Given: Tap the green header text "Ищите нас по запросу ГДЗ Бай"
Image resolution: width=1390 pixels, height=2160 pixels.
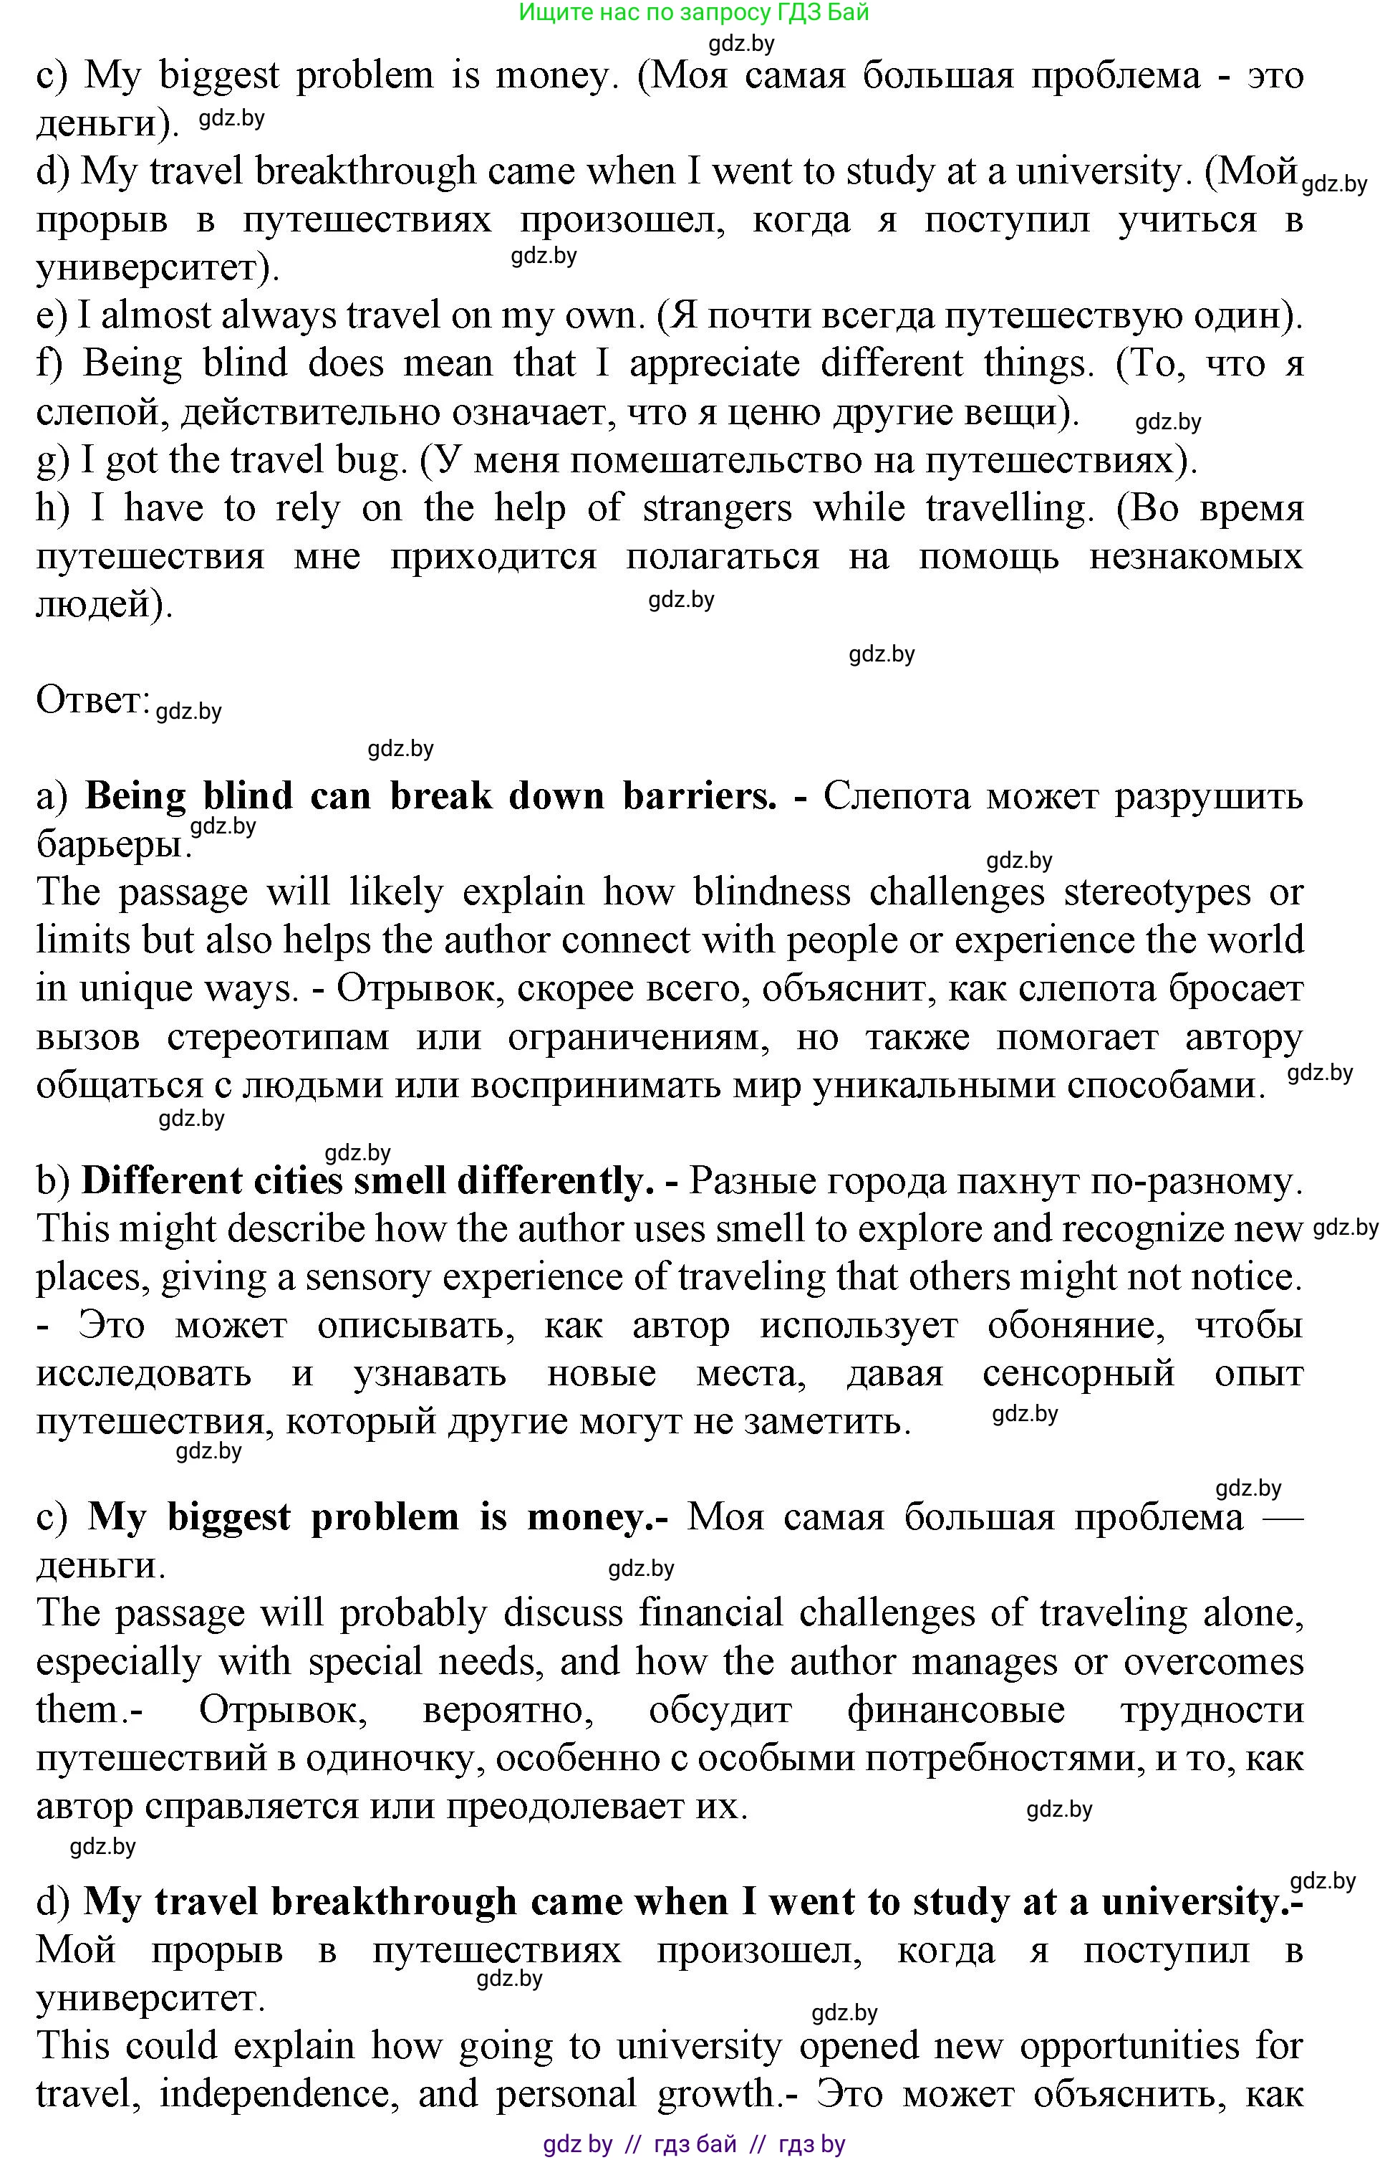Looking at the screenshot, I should tap(693, 13).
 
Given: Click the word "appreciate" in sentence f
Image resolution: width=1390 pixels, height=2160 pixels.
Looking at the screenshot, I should tap(714, 364).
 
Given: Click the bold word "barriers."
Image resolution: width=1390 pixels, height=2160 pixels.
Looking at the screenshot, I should tap(700, 796).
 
